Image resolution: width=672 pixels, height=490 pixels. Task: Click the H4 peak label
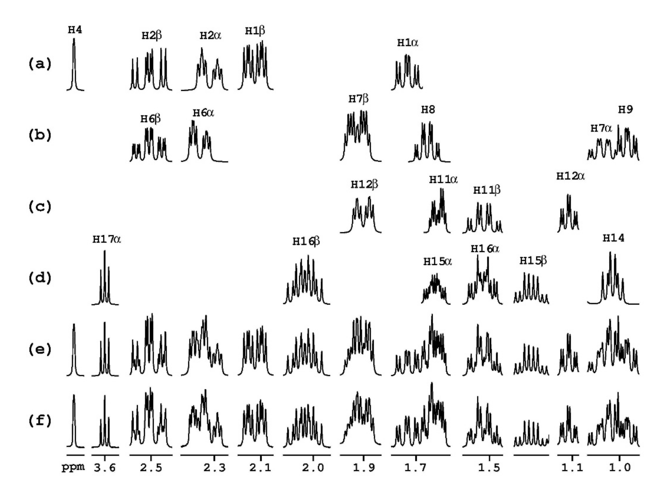(x=75, y=30)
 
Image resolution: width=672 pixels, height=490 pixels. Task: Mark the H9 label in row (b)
(x=625, y=110)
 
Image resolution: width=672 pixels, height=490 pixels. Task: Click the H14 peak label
(x=613, y=238)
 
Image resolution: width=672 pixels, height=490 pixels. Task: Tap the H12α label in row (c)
(x=570, y=176)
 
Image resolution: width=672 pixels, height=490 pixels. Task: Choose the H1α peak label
(x=407, y=43)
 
